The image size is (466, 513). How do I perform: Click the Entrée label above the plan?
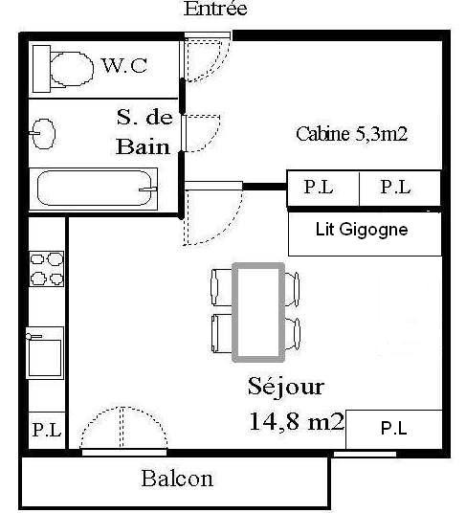(x=215, y=9)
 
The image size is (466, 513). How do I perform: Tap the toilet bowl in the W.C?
(x=72, y=69)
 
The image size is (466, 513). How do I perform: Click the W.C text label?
(x=124, y=65)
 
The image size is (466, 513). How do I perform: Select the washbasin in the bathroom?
(x=43, y=134)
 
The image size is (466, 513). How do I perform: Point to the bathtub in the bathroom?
(x=94, y=189)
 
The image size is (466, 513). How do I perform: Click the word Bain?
(x=144, y=146)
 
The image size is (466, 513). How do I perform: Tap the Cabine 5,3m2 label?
(x=352, y=134)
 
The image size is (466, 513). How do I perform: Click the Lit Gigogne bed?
(x=365, y=234)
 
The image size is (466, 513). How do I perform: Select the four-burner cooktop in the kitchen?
(x=47, y=269)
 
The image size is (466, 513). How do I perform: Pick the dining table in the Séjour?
(x=258, y=312)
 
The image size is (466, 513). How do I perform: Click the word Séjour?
(x=286, y=388)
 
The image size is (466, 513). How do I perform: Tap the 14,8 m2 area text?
(x=297, y=421)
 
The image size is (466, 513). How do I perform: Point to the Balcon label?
(x=177, y=479)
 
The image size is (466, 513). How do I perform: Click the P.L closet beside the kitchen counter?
(x=47, y=431)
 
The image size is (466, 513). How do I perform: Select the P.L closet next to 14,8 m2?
(x=394, y=430)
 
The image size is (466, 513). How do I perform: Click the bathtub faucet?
(x=148, y=189)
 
